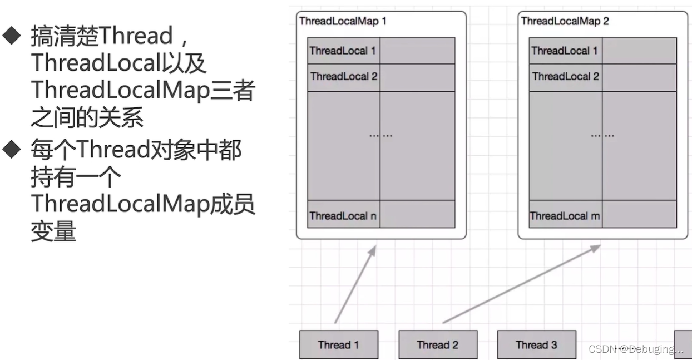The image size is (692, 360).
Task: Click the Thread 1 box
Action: coord(338,344)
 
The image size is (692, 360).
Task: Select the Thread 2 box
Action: coord(437,344)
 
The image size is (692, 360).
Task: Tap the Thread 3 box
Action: coord(536,344)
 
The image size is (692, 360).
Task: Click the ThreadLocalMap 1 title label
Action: coord(343,21)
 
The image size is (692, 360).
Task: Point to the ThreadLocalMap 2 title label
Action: coord(565,21)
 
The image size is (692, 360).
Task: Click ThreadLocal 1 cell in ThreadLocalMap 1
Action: coord(343,51)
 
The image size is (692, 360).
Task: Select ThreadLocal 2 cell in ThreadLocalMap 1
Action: coord(343,76)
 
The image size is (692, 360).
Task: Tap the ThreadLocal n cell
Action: coord(343,216)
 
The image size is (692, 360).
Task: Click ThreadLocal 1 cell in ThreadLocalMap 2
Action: coord(565,51)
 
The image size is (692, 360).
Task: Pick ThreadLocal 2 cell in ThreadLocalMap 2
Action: coord(565,76)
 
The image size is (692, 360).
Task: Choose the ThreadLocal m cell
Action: coord(565,216)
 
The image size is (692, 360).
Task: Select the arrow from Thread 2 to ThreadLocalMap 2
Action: coord(521,284)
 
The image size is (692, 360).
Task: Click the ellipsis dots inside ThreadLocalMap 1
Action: coord(380,135)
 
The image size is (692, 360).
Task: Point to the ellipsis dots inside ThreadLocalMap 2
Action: coord(602,135)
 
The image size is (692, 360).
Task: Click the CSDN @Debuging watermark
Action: coord(636,349)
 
